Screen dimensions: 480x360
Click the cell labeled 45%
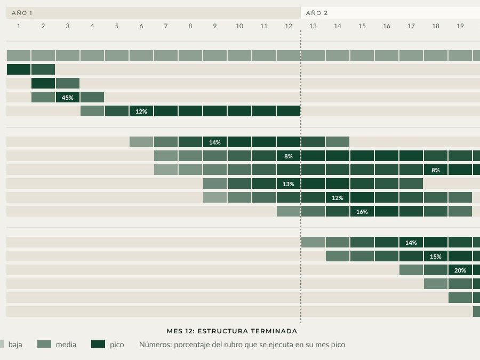(68, 98)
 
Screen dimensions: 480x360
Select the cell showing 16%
(362, 211)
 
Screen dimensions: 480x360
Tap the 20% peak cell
(460, 270)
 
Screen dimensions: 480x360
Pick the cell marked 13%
(289, 183)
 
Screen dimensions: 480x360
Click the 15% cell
(436, 256)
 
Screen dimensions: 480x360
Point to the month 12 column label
(289, 26)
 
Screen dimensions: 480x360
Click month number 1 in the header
(19, 26)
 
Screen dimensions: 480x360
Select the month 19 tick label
(460, 26)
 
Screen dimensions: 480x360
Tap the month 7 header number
(166, 26)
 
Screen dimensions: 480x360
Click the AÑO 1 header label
(22, 13)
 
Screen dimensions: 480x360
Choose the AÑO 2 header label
(317, 13)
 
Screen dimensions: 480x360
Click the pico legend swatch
(98, 344)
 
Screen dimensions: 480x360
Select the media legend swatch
(44, 344)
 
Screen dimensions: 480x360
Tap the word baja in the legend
(15, 345)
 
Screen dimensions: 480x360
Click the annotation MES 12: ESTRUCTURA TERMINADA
(232, 331)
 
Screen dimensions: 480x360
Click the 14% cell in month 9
(215, 142)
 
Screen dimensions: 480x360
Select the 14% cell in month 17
(411, 243)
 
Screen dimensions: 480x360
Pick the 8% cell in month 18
(436, 170)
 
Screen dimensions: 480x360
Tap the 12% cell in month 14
(338, 197)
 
